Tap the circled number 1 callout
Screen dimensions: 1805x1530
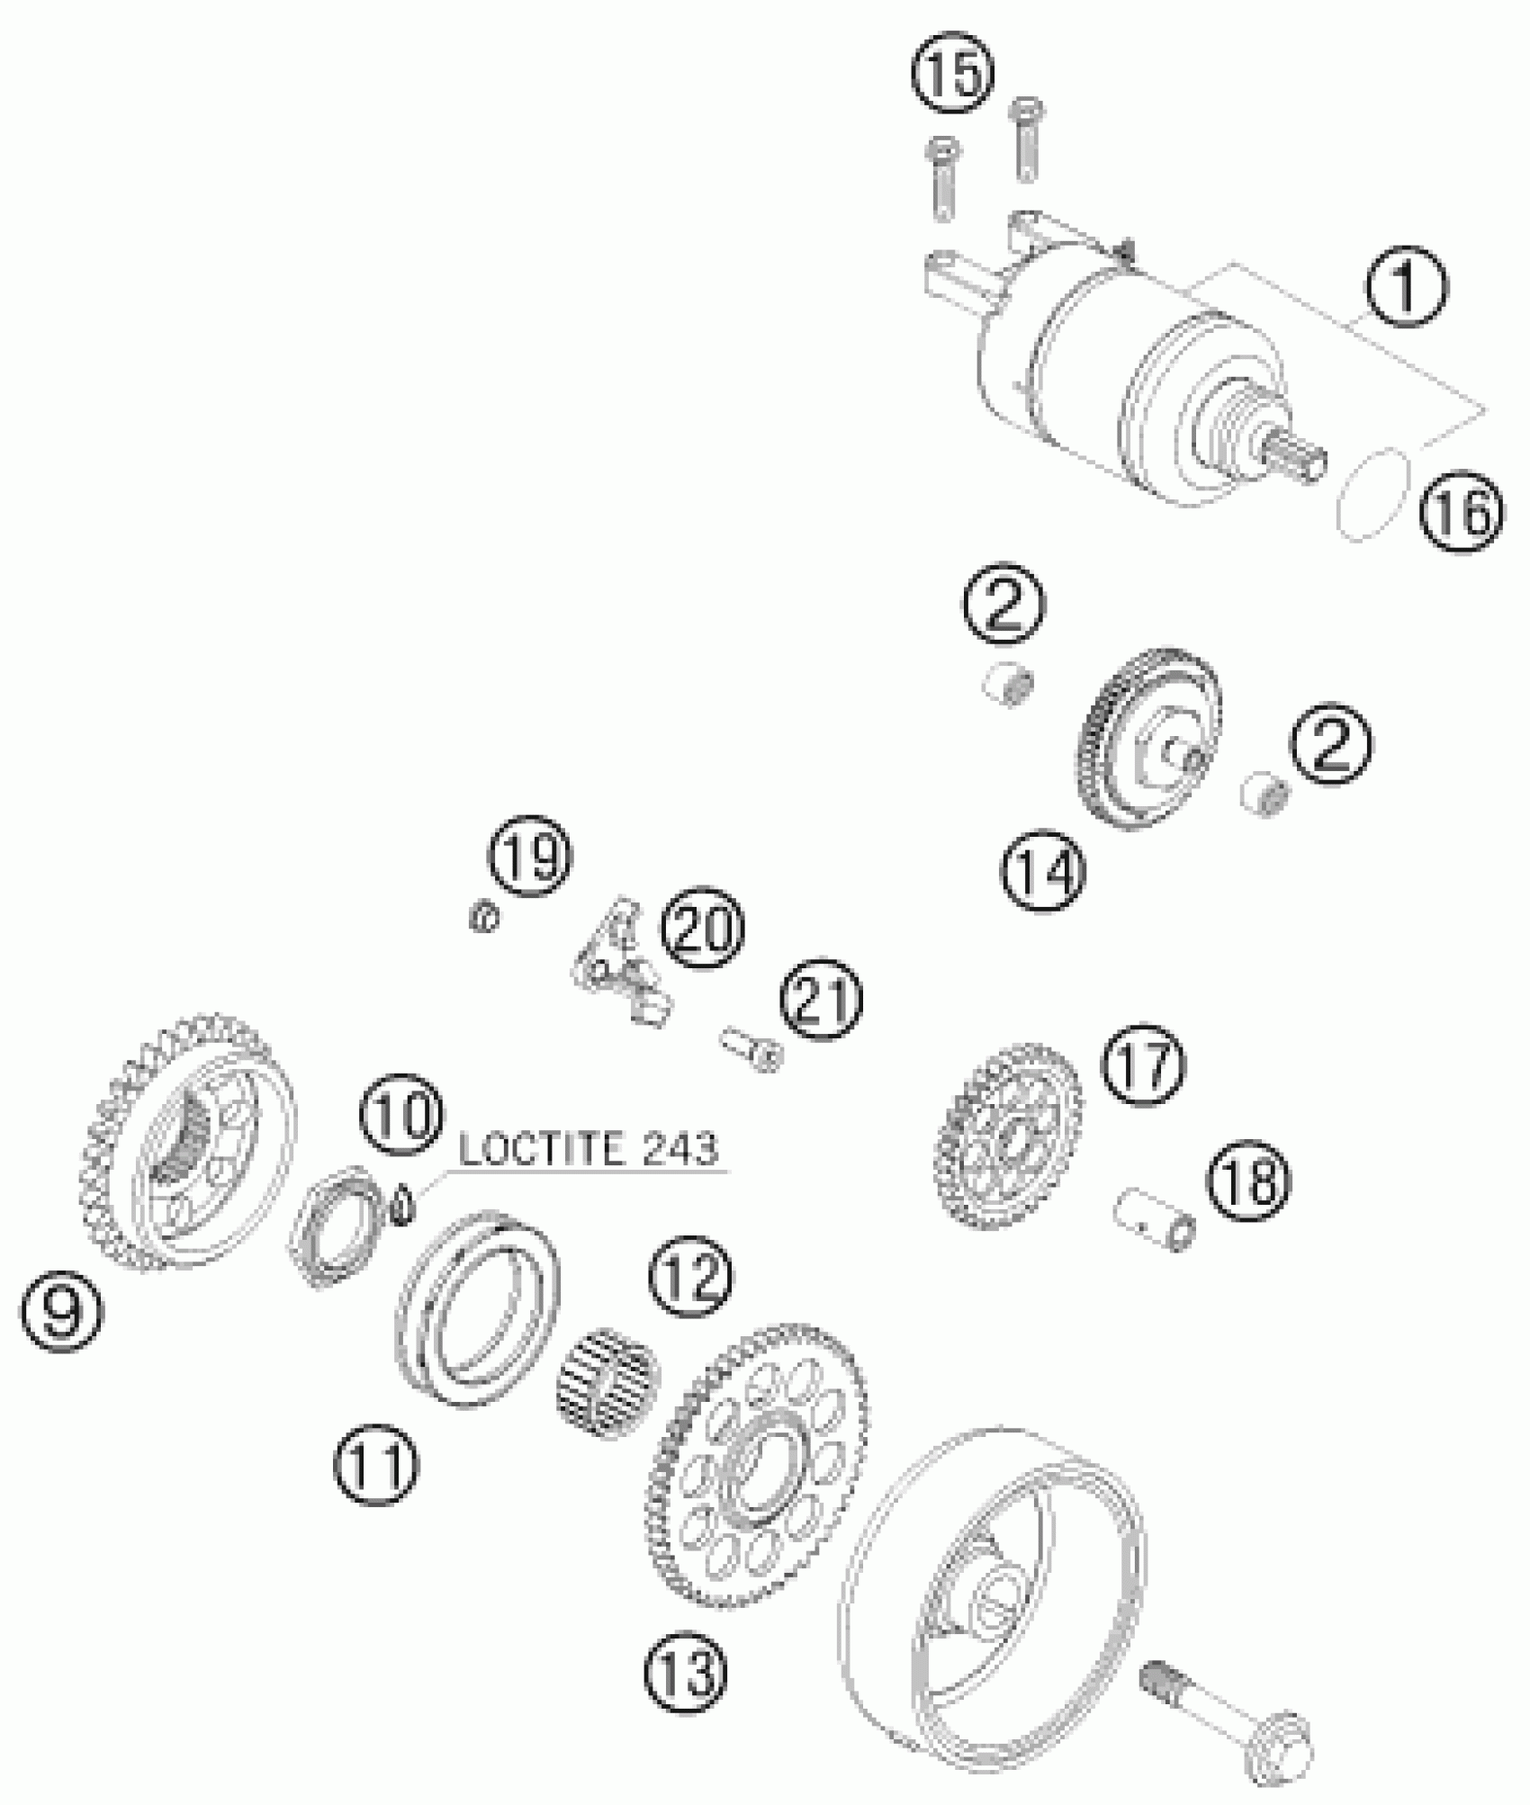1407,289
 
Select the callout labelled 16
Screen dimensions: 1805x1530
1462,514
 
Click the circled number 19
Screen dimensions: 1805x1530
531,856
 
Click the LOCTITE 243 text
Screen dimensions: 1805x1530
589,1149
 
